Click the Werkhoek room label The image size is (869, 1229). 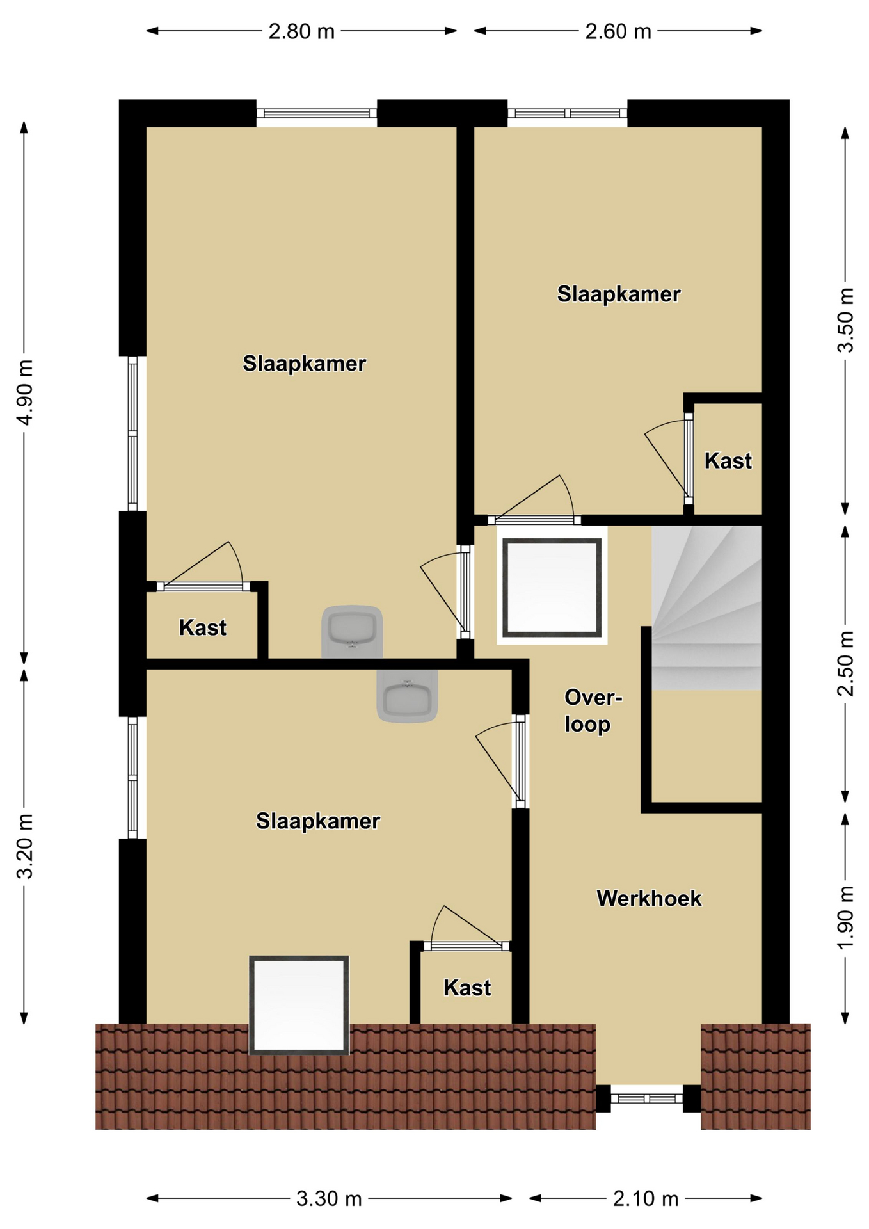pos(649,898)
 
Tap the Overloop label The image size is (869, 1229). pos(593,711)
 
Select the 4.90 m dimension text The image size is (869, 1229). pos(25,392)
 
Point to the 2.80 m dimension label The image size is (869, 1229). pos(301,31)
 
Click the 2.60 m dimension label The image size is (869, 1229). pos(618,31)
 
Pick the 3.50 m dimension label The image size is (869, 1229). pos(845,320)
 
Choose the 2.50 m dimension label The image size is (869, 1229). pos(845,663)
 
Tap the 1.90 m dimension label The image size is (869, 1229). pos(845,917)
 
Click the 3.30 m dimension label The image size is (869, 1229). pos(329,1198)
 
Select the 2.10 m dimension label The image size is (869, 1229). pos(646,1198)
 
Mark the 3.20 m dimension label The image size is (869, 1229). pos(25,846)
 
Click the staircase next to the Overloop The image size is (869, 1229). pos(706,607)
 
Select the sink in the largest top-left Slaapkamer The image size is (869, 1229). pos(352,632)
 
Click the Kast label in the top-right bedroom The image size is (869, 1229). pos(728,461)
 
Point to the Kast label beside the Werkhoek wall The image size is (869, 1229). pos(467,988)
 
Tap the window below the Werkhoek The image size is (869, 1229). pos(647,1098)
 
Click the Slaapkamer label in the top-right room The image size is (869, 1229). pos(618,294)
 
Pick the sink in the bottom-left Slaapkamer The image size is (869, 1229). pos(407,696)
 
